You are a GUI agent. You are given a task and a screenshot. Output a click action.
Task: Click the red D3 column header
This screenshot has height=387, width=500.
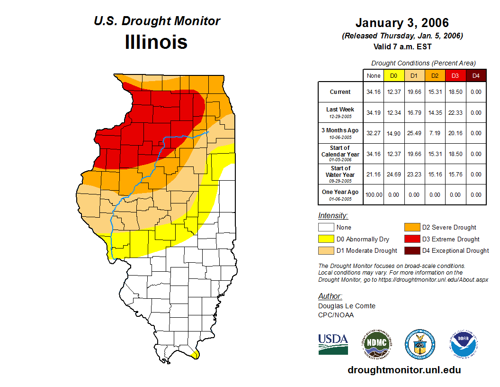[x=455, y=75]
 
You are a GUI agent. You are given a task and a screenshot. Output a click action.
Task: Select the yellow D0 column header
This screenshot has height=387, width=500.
[x=394, y=75]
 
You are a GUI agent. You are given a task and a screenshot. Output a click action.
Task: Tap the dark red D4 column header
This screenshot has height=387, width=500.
[x=476, y=75]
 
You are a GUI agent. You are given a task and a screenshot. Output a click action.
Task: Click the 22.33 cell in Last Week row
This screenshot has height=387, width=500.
[x=455, y=113]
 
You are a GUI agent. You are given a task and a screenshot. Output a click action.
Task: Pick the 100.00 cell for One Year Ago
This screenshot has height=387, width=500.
[x=374, y=194]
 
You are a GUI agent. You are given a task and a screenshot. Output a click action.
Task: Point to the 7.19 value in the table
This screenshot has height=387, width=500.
[x=435, y=133]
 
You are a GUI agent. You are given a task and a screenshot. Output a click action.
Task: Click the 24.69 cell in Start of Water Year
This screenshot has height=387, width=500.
[x=394, y=174]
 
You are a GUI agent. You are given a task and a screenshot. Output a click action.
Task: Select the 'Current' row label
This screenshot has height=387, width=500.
[x=340, y=92]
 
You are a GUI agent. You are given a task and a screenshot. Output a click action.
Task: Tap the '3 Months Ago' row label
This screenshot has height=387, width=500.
[x=340, y=130]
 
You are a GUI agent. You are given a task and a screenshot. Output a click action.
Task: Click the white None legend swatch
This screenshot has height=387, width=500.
[x=326, y=228]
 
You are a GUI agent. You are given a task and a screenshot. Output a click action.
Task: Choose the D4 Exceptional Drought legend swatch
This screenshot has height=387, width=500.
[x=412, y=250]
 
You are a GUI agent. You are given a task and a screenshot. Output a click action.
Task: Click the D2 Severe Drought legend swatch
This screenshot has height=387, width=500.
[x=412, y=228]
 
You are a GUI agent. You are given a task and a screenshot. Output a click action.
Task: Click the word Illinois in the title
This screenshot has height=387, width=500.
[x=156, y=42]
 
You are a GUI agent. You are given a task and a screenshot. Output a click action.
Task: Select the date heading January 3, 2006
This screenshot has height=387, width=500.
[x=402, y=23]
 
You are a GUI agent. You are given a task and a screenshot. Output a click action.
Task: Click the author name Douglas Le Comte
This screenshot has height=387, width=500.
[x=347, y=306]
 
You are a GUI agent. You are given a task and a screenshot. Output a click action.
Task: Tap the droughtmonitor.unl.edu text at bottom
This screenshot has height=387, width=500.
[x=404, y=370]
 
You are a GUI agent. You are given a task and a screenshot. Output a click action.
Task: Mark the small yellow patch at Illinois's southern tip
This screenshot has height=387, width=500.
[x=195, y=354]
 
